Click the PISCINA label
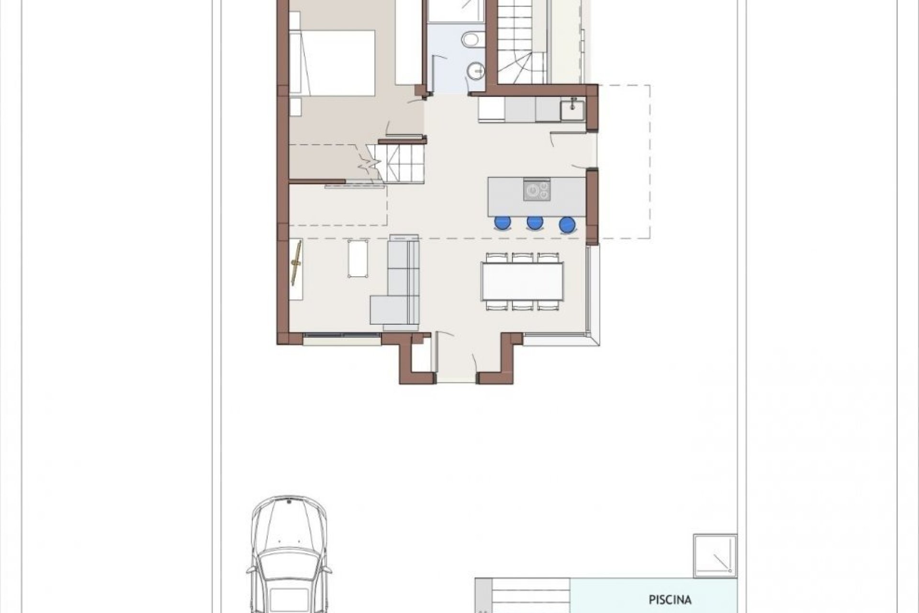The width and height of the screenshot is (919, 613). [670, 599]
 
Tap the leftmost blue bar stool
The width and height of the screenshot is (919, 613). [503, 223]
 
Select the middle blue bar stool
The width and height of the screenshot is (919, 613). [535, 223]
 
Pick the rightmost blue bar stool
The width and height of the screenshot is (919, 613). [567, 224]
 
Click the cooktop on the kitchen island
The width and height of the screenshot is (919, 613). [537, 190]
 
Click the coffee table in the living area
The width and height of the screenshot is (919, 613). [358, 258]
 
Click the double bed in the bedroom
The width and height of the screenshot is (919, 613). [335, 63]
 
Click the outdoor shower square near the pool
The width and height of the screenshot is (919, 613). [715, 556]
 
